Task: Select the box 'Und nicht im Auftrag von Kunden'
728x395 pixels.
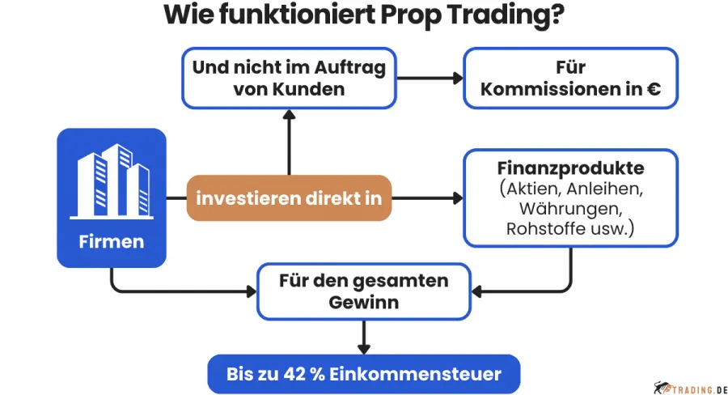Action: [x=289, y=79]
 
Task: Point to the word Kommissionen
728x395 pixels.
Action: [x=555, y=89]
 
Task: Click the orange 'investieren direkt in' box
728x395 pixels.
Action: [x=290, y=197]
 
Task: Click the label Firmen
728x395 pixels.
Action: [x=112, y=241]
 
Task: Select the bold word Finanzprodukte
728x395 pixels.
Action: [x=570, y=168]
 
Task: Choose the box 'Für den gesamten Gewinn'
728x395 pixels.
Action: [x=363, y=291]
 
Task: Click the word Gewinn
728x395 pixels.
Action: [x=363, y=302]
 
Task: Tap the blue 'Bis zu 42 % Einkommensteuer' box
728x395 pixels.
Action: [x=363, y=374]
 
